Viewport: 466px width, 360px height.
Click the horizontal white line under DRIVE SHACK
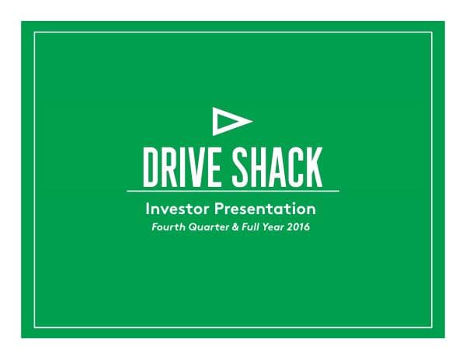(x=233, y=191)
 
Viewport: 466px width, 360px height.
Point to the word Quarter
(x=203, y=227)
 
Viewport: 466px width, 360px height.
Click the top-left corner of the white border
(x=34, y=33)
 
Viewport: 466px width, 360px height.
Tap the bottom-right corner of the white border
(x=432, y=327)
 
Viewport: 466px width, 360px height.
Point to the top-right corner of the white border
(x=432, y=33)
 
